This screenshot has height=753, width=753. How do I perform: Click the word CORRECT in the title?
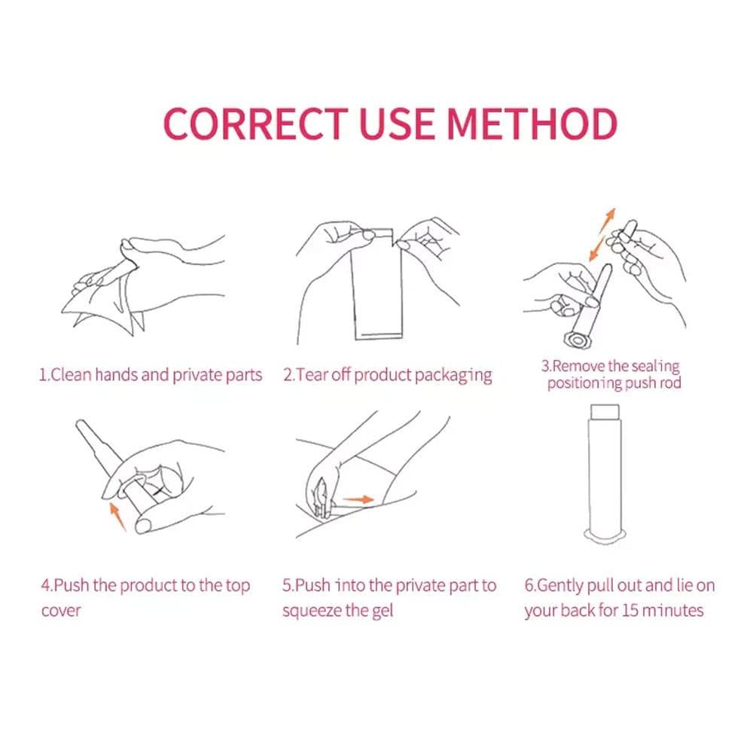tap(255, 123)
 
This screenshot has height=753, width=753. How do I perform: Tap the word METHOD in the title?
tap(532, 123)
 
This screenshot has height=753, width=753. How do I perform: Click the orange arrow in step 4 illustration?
tap(117, 517)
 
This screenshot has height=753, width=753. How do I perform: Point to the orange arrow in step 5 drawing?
tap(358, 499)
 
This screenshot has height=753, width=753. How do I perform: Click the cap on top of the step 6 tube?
tap(605, 412)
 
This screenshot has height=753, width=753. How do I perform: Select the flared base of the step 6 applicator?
tap(605, 536)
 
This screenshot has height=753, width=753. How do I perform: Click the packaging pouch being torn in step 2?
tap(376, 285)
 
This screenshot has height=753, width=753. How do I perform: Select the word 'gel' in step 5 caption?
tap(383, 611)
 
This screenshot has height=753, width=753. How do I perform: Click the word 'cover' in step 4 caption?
tap(61, 611)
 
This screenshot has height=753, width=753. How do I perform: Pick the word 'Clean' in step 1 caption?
tap(71, 374)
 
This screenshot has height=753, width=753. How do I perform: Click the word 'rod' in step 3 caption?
tap(670, 383)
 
